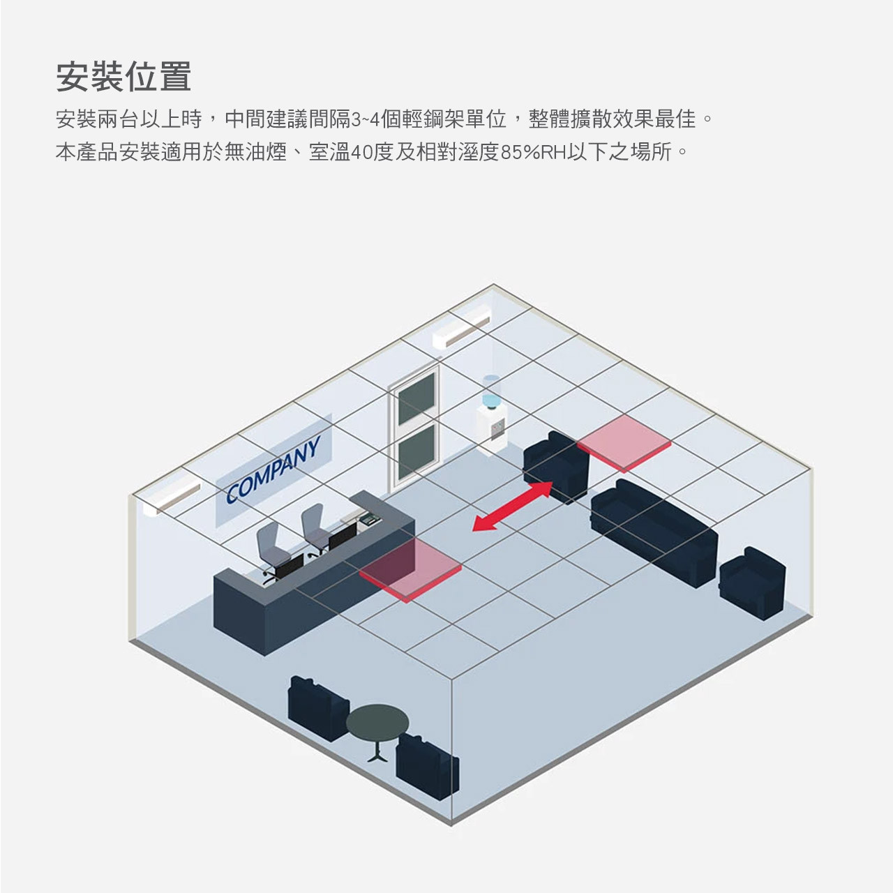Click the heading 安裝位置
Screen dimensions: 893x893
[123, 77]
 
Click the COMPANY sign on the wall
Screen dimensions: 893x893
[274, 469]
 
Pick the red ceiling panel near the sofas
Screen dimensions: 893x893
[624, 442]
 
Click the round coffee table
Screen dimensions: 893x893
[377, 723]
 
